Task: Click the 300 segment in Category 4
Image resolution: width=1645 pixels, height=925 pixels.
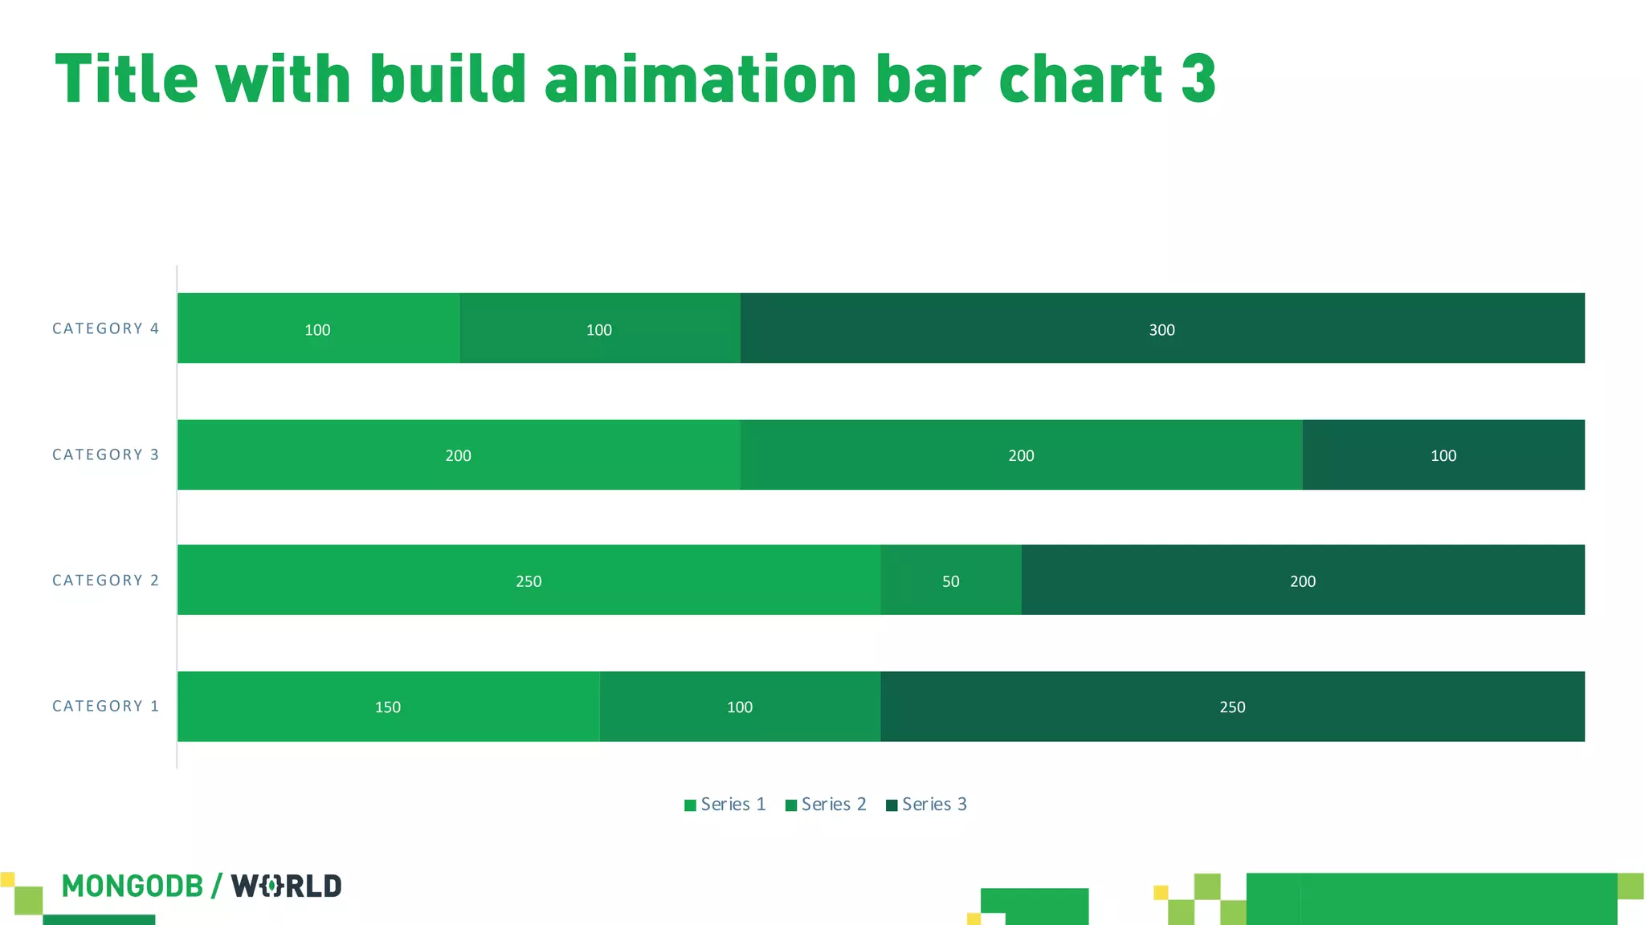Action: [1161, 328]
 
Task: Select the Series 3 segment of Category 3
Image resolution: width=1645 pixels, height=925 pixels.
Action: [1443, 454]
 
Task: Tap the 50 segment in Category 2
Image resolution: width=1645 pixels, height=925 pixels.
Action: [951, 580]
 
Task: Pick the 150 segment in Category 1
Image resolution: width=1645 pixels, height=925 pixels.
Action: [388, 707]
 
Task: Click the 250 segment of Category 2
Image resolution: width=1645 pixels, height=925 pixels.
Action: [529, 580]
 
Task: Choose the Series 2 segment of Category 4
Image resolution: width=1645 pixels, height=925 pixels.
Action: [599, 328]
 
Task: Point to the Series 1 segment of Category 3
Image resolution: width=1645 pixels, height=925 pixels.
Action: [458, 454]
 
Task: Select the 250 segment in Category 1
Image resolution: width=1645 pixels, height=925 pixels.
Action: [1232, 707]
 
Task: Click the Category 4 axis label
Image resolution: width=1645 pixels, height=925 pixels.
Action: [105, 328]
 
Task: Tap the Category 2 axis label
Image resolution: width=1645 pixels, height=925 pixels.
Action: [105, 581]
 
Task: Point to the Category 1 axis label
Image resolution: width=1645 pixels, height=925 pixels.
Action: [105, 707]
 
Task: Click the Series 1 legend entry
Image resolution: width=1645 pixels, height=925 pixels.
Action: [725, 805]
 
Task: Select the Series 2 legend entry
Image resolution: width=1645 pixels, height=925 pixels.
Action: [826, 805]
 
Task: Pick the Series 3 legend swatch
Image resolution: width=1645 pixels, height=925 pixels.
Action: [892, 805]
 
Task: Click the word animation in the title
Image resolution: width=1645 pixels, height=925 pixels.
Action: [701, 80]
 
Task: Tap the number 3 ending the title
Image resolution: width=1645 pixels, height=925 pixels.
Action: [1198, 80]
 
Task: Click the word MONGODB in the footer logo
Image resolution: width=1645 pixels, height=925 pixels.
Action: [133, 886]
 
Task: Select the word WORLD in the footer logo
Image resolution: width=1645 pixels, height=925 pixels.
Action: [287, 886]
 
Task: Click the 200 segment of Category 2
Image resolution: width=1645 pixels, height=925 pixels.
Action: [1303, 580]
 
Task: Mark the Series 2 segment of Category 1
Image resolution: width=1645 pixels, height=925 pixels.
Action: [740, 707]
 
